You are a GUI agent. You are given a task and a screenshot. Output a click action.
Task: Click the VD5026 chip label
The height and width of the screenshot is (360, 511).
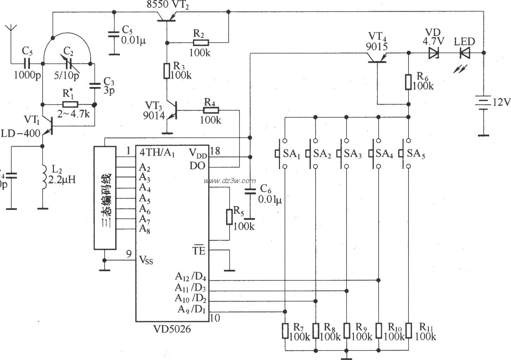(x=172, y=329)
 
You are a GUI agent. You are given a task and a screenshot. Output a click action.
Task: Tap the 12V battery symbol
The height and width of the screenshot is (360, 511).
(x=484, y=103)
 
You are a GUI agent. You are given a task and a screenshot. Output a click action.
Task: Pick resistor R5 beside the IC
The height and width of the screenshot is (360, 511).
(x=229, y=216)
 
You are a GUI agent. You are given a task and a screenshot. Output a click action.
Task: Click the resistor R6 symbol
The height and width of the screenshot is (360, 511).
(x=409, y=82)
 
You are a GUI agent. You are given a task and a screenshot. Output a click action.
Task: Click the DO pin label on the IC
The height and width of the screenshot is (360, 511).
(x=197, y=166)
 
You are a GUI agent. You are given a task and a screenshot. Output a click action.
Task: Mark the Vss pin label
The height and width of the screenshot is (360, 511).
(x=146, y=261)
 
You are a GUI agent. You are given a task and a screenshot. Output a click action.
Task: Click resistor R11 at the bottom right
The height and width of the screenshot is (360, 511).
(x=409, y=330)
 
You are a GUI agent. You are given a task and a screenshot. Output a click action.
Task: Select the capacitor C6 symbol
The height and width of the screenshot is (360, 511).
(x=250, y=192)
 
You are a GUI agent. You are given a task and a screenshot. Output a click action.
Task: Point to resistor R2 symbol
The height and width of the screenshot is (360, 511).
(x=201, y=43)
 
